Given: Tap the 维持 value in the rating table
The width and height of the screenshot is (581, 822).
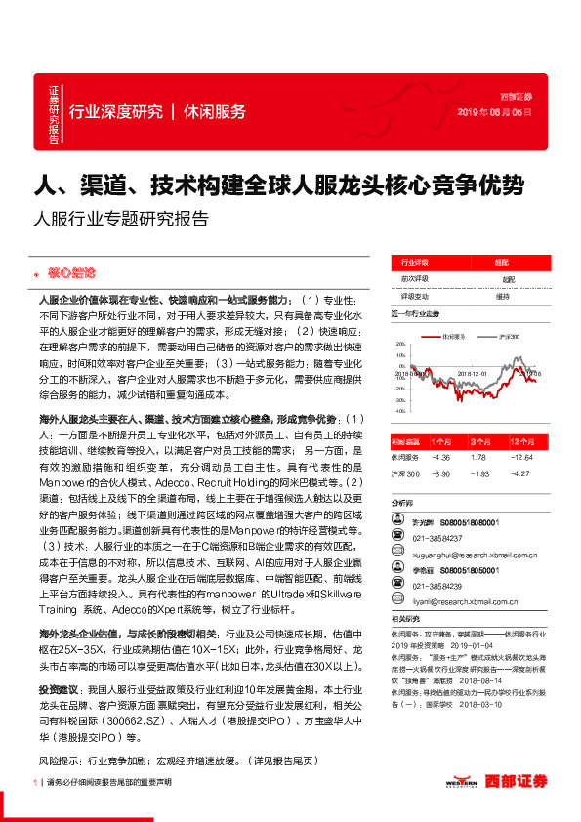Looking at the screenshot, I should pyautogui.click(x=502, y=296).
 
